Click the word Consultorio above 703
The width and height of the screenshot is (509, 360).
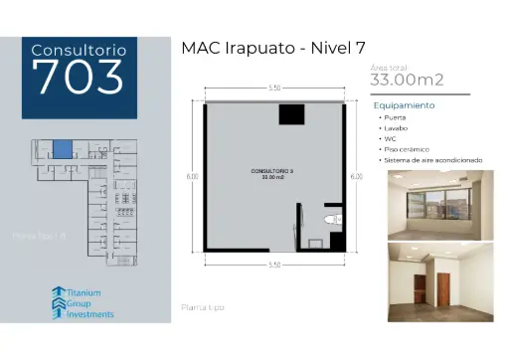coord(79,49)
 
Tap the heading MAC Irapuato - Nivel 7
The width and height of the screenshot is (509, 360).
coord(272,49)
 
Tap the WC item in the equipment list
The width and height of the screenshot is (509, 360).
coord(391,138)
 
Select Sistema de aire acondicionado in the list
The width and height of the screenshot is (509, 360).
coord(433,160)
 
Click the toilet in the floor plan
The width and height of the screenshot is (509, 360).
coord(330,220)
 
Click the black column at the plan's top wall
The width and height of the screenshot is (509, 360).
coord(289,113)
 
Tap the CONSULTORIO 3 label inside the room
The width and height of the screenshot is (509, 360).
coord(270,172)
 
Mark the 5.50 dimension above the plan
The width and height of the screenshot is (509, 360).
coord(273,90)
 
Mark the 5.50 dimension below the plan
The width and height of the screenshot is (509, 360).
coord(273,264)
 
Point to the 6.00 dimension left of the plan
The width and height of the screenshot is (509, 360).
coord(192,177)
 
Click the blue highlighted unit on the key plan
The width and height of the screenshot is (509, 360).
coord(63,150)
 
